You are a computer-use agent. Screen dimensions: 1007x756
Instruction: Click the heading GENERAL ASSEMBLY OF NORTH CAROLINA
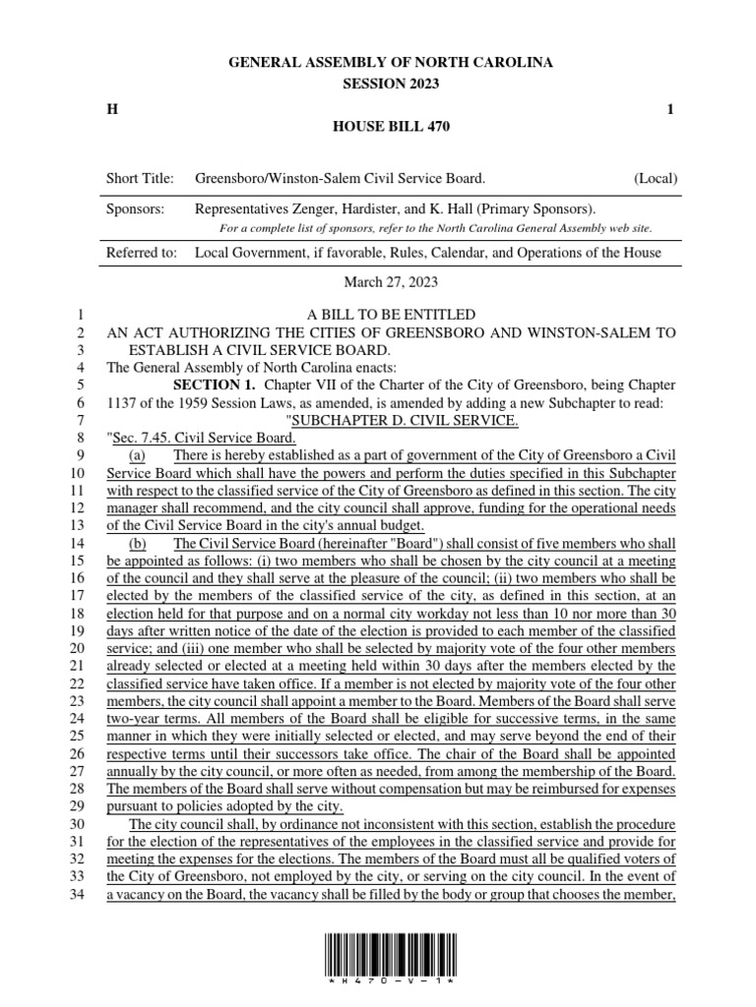[391, 62]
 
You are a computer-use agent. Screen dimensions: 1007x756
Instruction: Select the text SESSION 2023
[391, 84]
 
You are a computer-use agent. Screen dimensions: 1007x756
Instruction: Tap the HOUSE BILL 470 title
[391, 128]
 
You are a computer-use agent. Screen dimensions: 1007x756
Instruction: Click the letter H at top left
[111, 109]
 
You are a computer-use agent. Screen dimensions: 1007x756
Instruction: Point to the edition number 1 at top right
[670, 109]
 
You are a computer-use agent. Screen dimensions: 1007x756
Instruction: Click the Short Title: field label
[140, 179]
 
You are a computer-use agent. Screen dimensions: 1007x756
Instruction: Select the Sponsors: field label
[135, 209]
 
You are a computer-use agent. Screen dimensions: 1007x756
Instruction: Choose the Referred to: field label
[142, 254]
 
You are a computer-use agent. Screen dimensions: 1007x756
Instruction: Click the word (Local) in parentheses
[655, 179]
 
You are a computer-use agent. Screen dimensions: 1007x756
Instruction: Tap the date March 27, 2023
[391, 283]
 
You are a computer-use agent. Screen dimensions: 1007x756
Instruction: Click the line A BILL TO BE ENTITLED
[391, 315]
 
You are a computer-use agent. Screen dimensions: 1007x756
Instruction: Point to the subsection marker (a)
[138, 454]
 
